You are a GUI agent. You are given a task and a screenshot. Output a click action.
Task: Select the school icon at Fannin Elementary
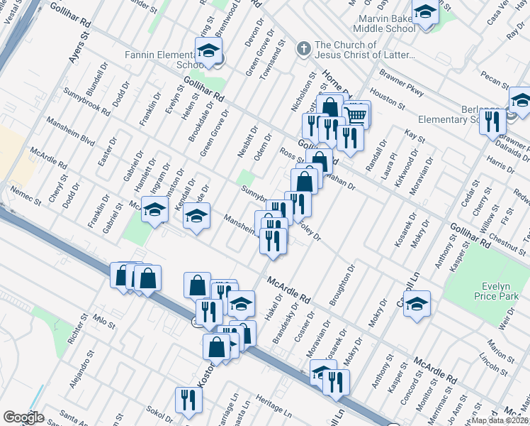(208, 51)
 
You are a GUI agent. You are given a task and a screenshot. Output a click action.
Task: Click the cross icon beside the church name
(303, 49)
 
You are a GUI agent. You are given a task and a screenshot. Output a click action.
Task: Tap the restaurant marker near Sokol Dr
(188, 400)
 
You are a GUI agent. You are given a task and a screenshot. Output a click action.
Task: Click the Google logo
(23, 417)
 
